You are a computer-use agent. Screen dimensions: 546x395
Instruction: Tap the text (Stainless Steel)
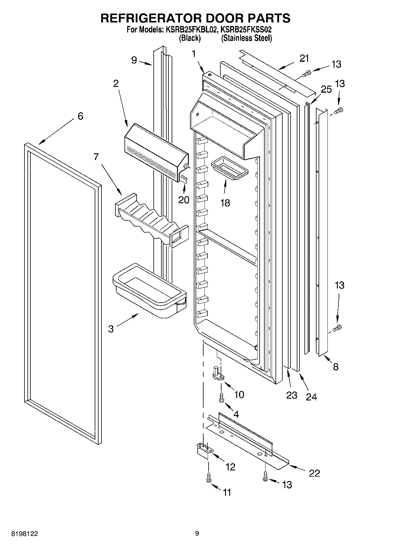tap(246, 38)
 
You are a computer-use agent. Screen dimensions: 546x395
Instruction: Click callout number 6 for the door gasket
tap(80, 116)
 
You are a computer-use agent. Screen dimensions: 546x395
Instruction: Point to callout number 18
tap(225, 203)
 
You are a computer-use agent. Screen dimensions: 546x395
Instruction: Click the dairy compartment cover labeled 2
tap(155, 151)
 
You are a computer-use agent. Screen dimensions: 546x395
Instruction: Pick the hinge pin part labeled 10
tap(218, 374)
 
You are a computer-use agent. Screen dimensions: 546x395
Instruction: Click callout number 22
tap(314, 473)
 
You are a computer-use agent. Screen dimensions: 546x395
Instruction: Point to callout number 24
tap(311, 397)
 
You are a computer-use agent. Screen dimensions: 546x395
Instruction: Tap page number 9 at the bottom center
tap(197, 533)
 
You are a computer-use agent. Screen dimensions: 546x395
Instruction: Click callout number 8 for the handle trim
tap(335, 367)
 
